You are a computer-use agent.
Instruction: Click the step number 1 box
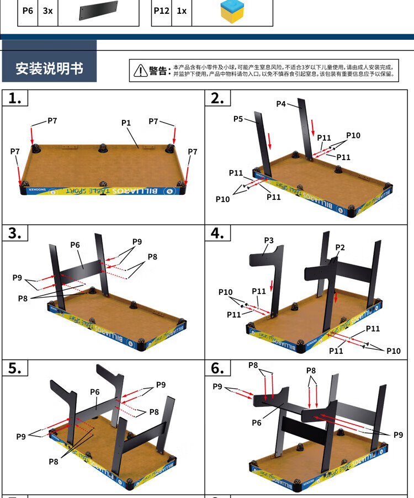[x=15, y=98]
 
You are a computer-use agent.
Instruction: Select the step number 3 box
[x=15, y=233]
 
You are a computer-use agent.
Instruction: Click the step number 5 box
[x=15, y=368]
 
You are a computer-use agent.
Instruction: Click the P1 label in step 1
[x=126, y=123]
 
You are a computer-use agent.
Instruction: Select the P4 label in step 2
[x=281, y=104]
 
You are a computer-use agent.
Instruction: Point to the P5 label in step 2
[x=238, y=119]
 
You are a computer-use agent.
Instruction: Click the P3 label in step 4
[x=269, y=240]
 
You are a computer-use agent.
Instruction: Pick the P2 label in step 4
[x=340, y=247]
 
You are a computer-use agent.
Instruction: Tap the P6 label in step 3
[x=76, y=245]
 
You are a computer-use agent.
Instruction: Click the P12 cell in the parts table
[x=162, y=10]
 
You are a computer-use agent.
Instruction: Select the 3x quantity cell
[x=47, y=10]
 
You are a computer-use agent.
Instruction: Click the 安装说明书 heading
[x=50, y=68]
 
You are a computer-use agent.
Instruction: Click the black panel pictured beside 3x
[x=99, y=11]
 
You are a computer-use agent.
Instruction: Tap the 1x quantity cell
[x=182, y=10]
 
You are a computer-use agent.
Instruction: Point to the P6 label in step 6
[x=257, y=422]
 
